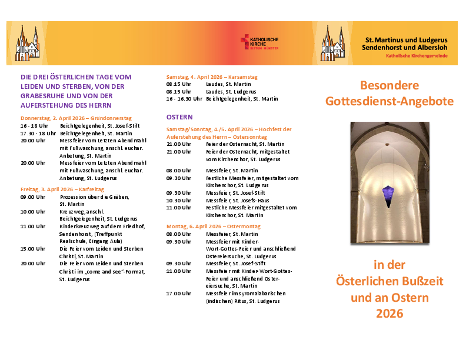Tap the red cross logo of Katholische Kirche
click(245, 42)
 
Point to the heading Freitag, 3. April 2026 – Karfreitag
click(62, 189)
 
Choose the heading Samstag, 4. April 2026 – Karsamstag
click(212, 77)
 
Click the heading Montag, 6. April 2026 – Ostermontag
click(213, 226)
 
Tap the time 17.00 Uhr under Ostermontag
click(179, 293)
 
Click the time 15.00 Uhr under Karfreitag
click(33, 248)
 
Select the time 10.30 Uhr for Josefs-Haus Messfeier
click(179, 200)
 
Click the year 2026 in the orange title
click(390, 314)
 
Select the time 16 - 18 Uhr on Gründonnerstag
click(34, 126)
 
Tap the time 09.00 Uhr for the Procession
click(33, 196)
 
